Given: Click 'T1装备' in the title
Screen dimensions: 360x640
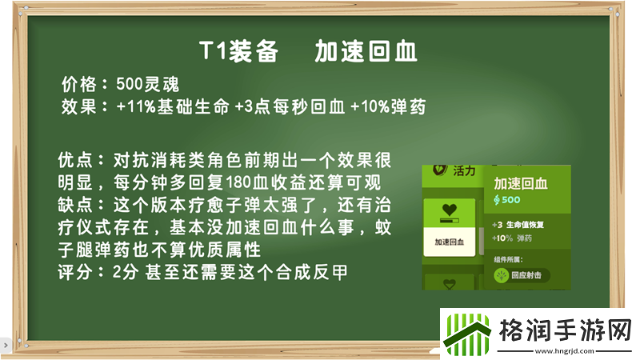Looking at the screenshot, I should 238,52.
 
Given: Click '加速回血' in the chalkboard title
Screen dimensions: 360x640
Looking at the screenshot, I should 366,52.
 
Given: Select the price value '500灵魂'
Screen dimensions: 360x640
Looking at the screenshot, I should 147,84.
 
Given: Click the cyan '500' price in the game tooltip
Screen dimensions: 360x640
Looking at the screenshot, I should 510,199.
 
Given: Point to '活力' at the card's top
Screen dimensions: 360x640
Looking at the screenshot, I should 462,171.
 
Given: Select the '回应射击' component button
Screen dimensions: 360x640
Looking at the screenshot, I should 521,275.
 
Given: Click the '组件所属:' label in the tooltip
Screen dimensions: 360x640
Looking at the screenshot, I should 509,258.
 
